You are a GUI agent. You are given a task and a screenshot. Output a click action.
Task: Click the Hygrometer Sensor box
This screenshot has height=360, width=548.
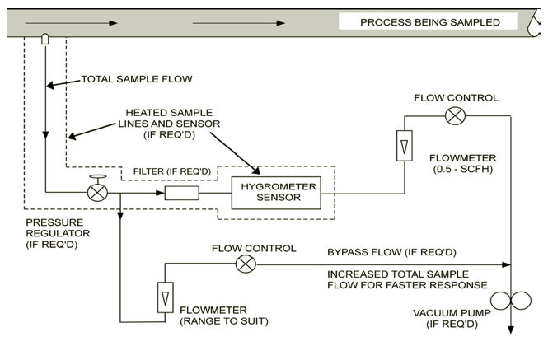(x=276, y=192)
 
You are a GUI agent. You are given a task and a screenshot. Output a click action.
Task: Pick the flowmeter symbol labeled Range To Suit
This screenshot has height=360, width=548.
(x=165, y=294)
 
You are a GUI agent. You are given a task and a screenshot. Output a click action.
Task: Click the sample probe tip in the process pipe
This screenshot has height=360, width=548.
(x=46, y=39)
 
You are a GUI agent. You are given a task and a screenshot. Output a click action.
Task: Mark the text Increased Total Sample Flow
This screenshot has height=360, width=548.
(x=398, y=274)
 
